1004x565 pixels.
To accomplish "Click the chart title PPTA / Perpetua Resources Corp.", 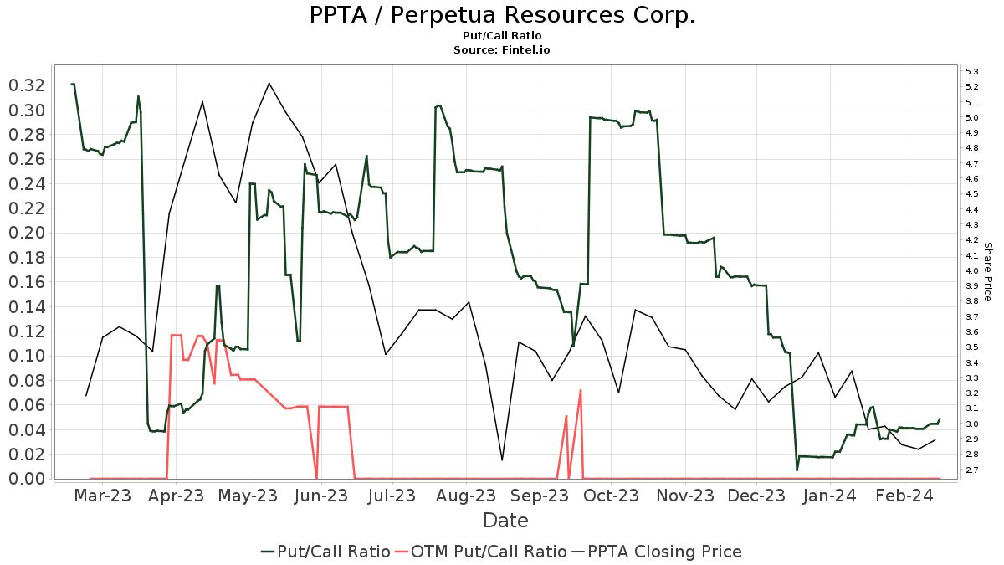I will coord(502,16).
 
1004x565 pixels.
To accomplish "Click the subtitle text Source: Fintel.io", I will coord(502,49).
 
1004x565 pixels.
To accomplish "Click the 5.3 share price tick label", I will coord(972,71).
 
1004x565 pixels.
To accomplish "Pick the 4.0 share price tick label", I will coord(972,270).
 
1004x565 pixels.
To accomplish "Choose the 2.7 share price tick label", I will coord(972,470).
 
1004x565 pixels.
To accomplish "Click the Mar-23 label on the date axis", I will coord(102,496).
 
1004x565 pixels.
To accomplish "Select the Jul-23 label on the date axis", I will coord(392,496).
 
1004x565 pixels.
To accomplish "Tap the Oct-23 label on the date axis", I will coord(612,496).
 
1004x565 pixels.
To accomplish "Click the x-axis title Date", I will coord(505,521).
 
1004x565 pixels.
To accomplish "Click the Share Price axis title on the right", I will coord(987,271).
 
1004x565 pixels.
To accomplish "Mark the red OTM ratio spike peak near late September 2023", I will coord(580,390).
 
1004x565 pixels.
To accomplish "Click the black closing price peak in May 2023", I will coord(269,83).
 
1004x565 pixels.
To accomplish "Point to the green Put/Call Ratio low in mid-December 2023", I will coord(797,470).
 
